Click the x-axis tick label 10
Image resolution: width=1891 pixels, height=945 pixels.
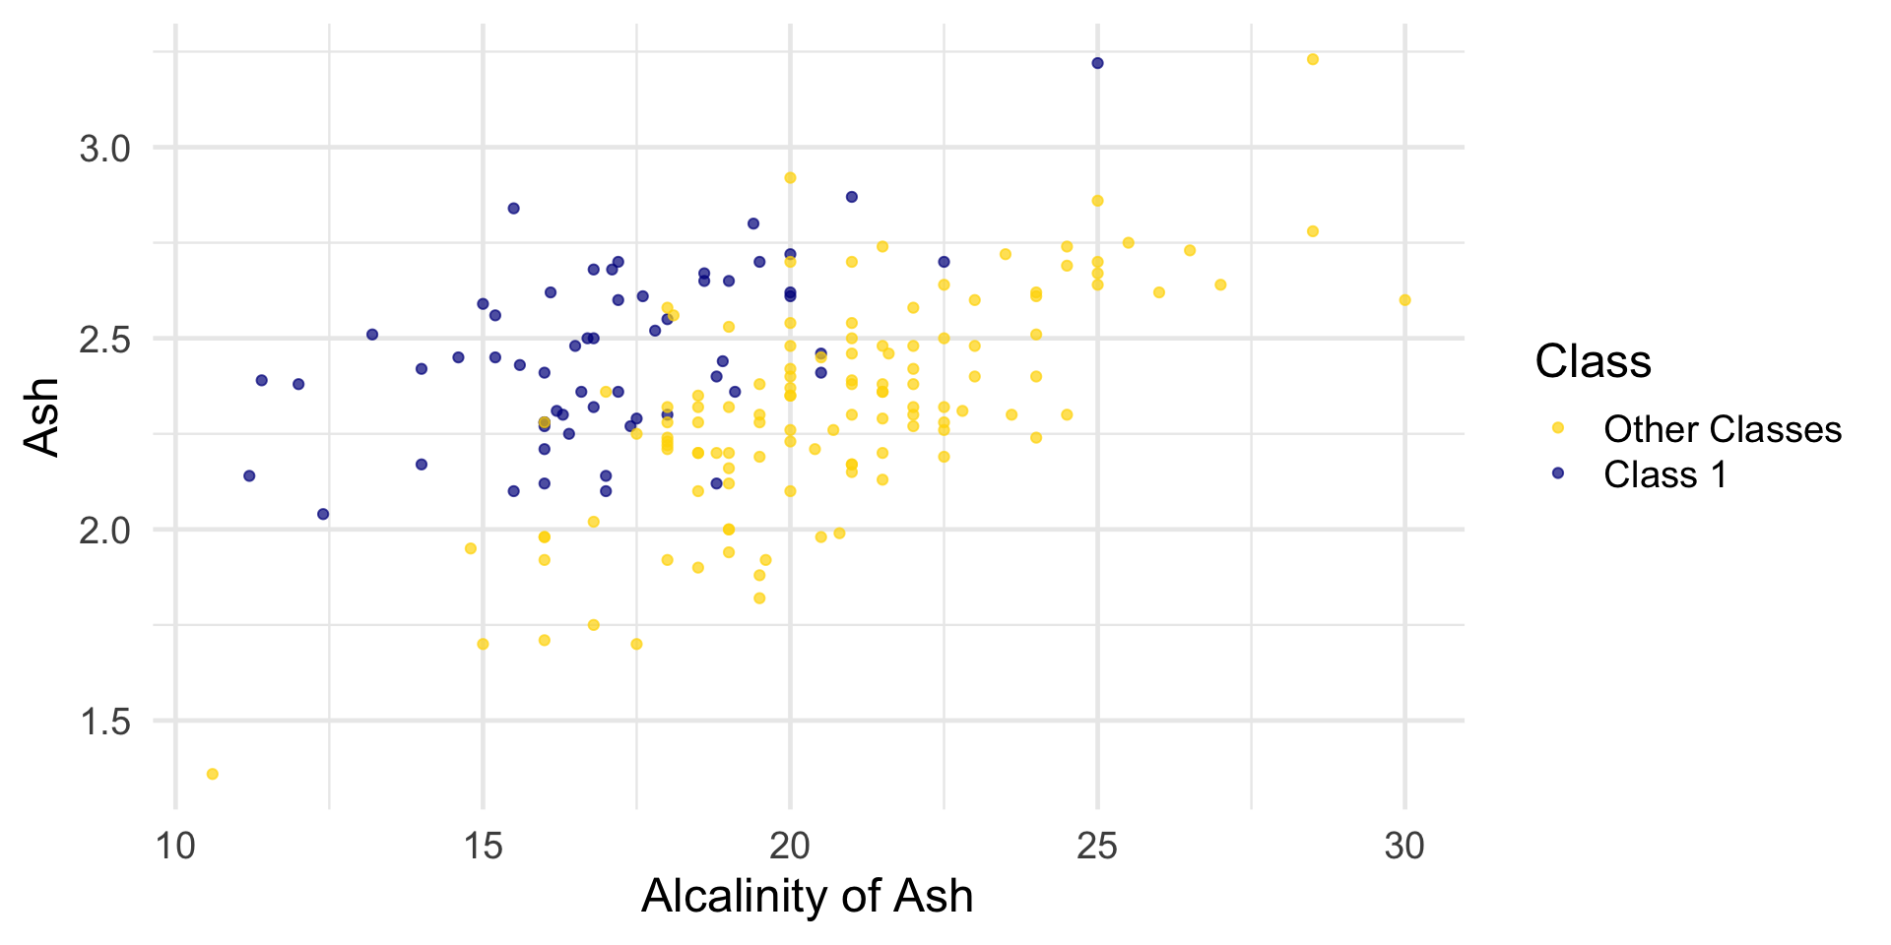point(175,846)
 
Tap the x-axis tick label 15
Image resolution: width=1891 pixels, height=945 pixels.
point(483,846)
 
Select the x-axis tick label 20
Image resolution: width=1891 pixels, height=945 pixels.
point(790,846)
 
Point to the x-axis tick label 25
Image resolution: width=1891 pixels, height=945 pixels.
point(1097,846)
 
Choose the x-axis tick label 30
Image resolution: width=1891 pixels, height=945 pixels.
point(1404,846)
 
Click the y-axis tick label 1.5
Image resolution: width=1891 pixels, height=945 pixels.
point(105,722)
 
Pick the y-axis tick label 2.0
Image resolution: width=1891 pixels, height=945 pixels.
point(105,531)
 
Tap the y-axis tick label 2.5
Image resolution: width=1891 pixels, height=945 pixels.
point(105,340)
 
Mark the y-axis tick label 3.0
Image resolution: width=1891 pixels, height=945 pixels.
point(105,149)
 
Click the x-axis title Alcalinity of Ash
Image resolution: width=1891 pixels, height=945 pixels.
point(807,896)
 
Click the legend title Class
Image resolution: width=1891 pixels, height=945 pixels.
point(1593,361)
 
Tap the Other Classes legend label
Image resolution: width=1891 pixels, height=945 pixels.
point(1722,429)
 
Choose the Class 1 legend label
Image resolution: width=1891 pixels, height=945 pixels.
point(1664,474)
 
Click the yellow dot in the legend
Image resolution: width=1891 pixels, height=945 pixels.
point(1558,428)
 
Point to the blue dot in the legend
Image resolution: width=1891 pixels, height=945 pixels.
point(1558,473)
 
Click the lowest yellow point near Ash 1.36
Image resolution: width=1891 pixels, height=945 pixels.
point(213,774)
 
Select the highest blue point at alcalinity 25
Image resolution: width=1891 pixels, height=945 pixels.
point(1097,63)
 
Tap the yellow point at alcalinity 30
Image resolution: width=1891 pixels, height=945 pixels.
point(1404,300)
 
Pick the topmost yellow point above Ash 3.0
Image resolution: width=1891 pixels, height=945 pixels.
point(1313,59)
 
